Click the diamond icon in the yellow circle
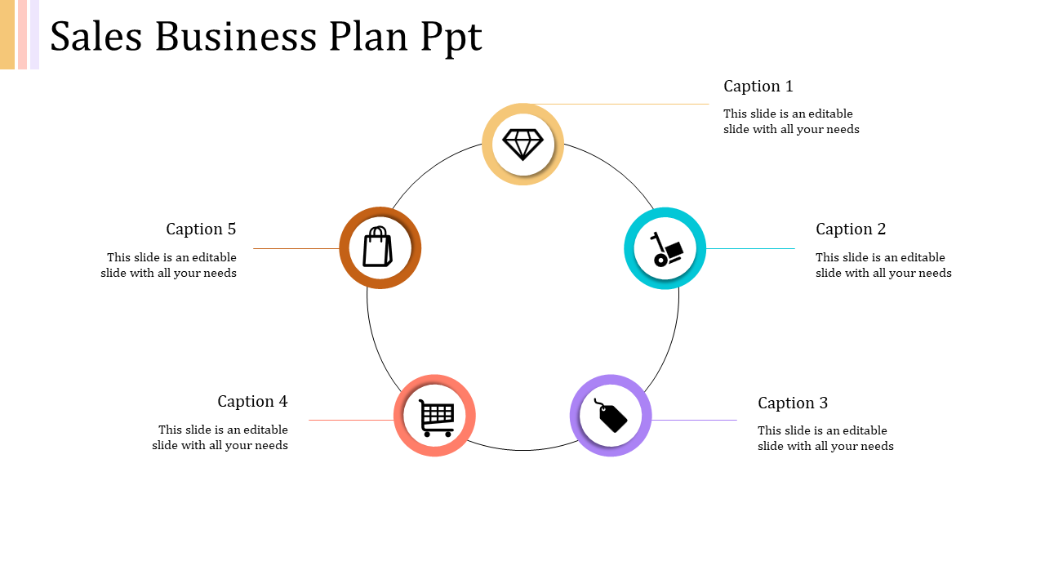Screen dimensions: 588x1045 (x=522, y=145)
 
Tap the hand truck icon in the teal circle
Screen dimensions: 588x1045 (x=665, y=248)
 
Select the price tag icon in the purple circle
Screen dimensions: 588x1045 (x=611, y=416)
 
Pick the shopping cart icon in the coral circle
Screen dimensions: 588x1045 (x=436, y=416)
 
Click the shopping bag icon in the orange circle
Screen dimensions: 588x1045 (x=377, y=247)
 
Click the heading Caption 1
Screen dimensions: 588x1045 (x=758, y=86)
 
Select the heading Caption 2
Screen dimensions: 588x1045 (x=851, y=229)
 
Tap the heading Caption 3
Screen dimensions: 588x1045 (x=792, y=403)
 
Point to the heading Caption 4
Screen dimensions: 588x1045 (x=252, y=401)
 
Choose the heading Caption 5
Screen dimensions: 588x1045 (x=201, y=229)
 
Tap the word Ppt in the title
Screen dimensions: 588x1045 (x=451, y=38)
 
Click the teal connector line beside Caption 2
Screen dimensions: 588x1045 (x=750, y=248)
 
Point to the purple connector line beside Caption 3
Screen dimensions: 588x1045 (x=694, y=420)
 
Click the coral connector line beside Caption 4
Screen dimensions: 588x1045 (x=351, y=420)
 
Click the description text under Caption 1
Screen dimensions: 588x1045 (x=791, y=122)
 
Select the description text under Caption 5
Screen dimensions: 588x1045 (x=169, y=265)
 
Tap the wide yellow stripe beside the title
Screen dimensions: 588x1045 (x=7, y=34)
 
